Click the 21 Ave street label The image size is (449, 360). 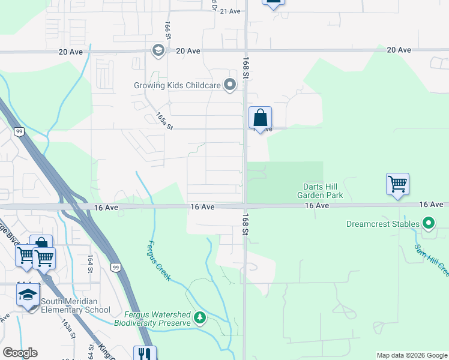pyautogui.click(x=231, y=11)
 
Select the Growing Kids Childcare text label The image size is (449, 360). pyautogui.click(x=177, y=85)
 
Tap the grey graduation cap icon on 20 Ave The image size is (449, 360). pyautogui.click(x=158, y=50)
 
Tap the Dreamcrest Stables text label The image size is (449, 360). pyautogui.click(x=383, y=224)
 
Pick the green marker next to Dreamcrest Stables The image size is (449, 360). pyautogui.click(x=428, y=224)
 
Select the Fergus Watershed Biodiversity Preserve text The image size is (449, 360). pyautogui.click(x=157, y=319)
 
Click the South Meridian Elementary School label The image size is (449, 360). pyautogui.click(x=76, y=305)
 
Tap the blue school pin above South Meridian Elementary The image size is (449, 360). pyautogui.click(x=28, y=295)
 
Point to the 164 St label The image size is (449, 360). pyautogui.click(x=90, y=264)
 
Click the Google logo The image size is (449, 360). pyautogui.click(x=20, y=353)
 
